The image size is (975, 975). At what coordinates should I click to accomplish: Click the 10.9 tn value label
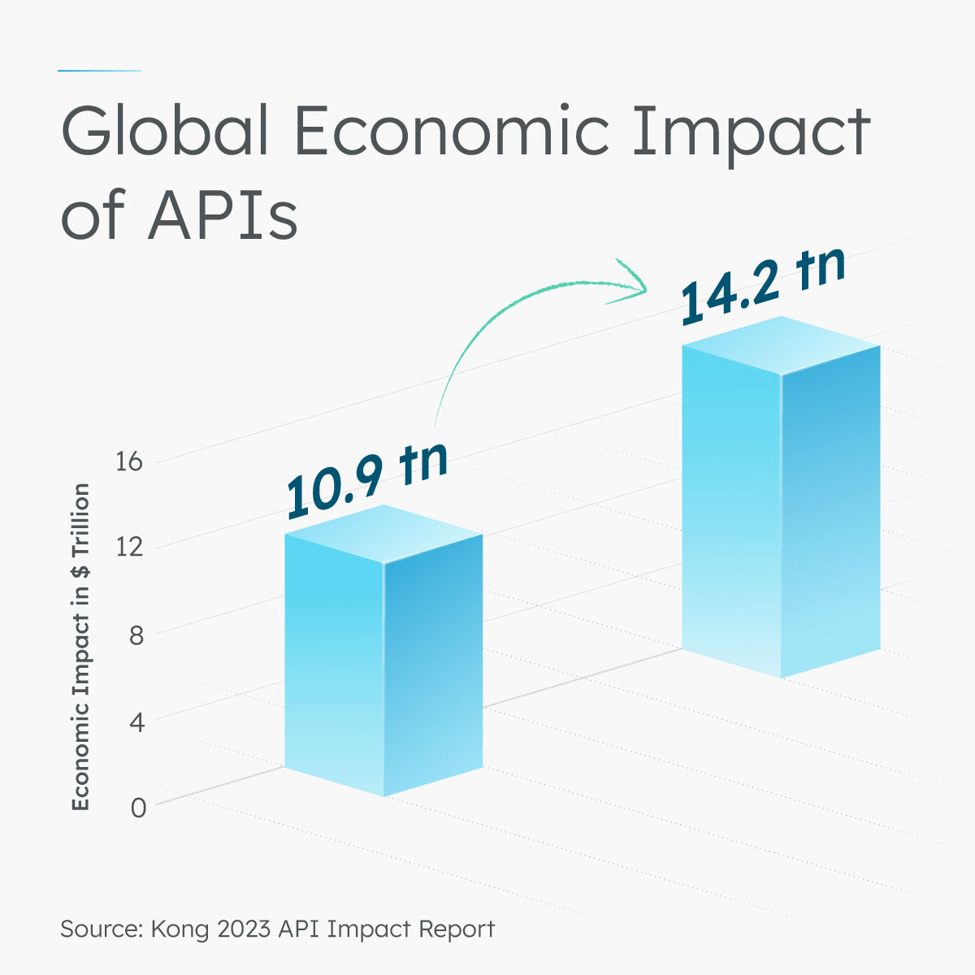[366, 480]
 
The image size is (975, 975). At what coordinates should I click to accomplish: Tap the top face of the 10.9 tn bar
[383, 534]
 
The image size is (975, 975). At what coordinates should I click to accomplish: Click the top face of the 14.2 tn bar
[781, 345]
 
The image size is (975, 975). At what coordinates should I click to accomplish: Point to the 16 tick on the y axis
[129, 462]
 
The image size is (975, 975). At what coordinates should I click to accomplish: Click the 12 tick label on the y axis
[129, 548]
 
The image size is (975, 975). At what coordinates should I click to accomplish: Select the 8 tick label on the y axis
[136, 635]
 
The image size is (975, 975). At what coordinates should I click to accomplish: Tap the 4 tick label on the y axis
[136, 721]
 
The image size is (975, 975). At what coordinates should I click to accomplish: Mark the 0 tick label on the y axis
[137, 808]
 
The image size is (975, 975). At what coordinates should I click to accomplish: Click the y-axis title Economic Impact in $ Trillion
[80, 647]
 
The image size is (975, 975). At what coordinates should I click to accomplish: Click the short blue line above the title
[99, 71]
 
